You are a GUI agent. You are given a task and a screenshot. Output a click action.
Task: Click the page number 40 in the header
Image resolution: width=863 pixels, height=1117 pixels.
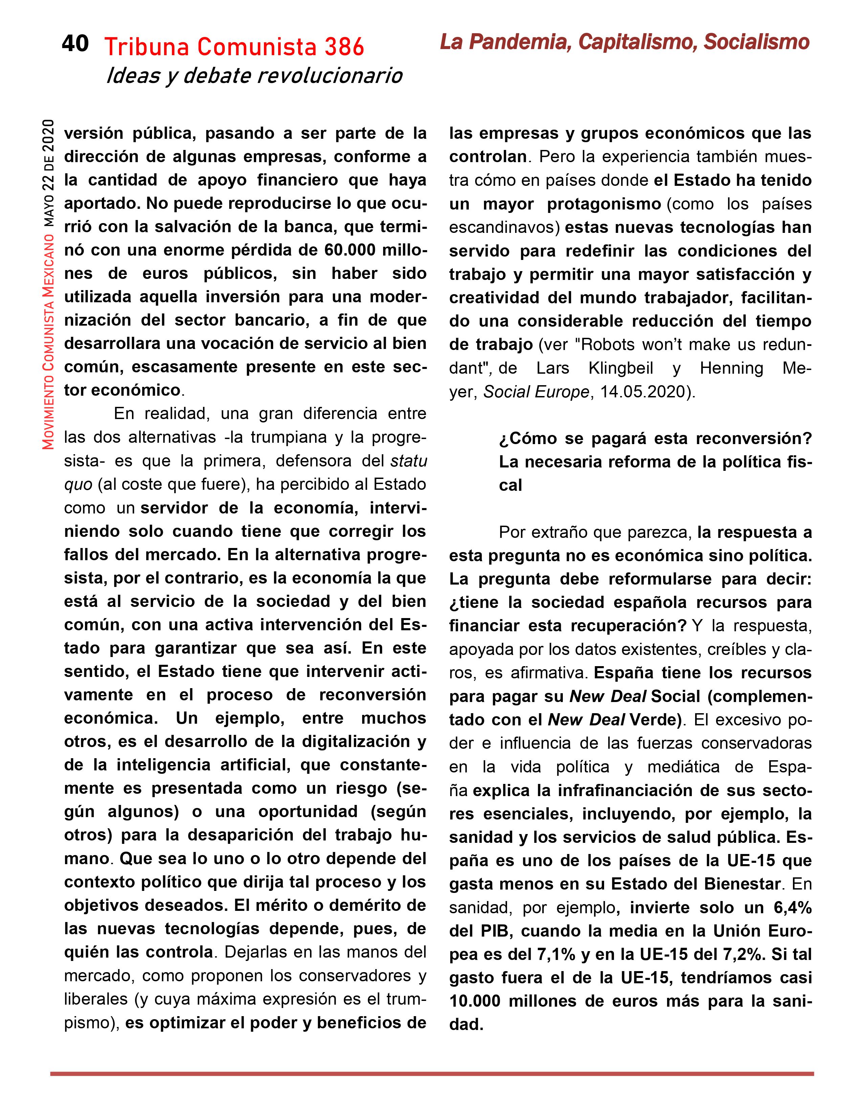click(x=75, y=44)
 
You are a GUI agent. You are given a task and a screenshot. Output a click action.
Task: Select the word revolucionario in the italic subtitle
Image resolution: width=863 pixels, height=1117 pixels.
click(x=329, y=76)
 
